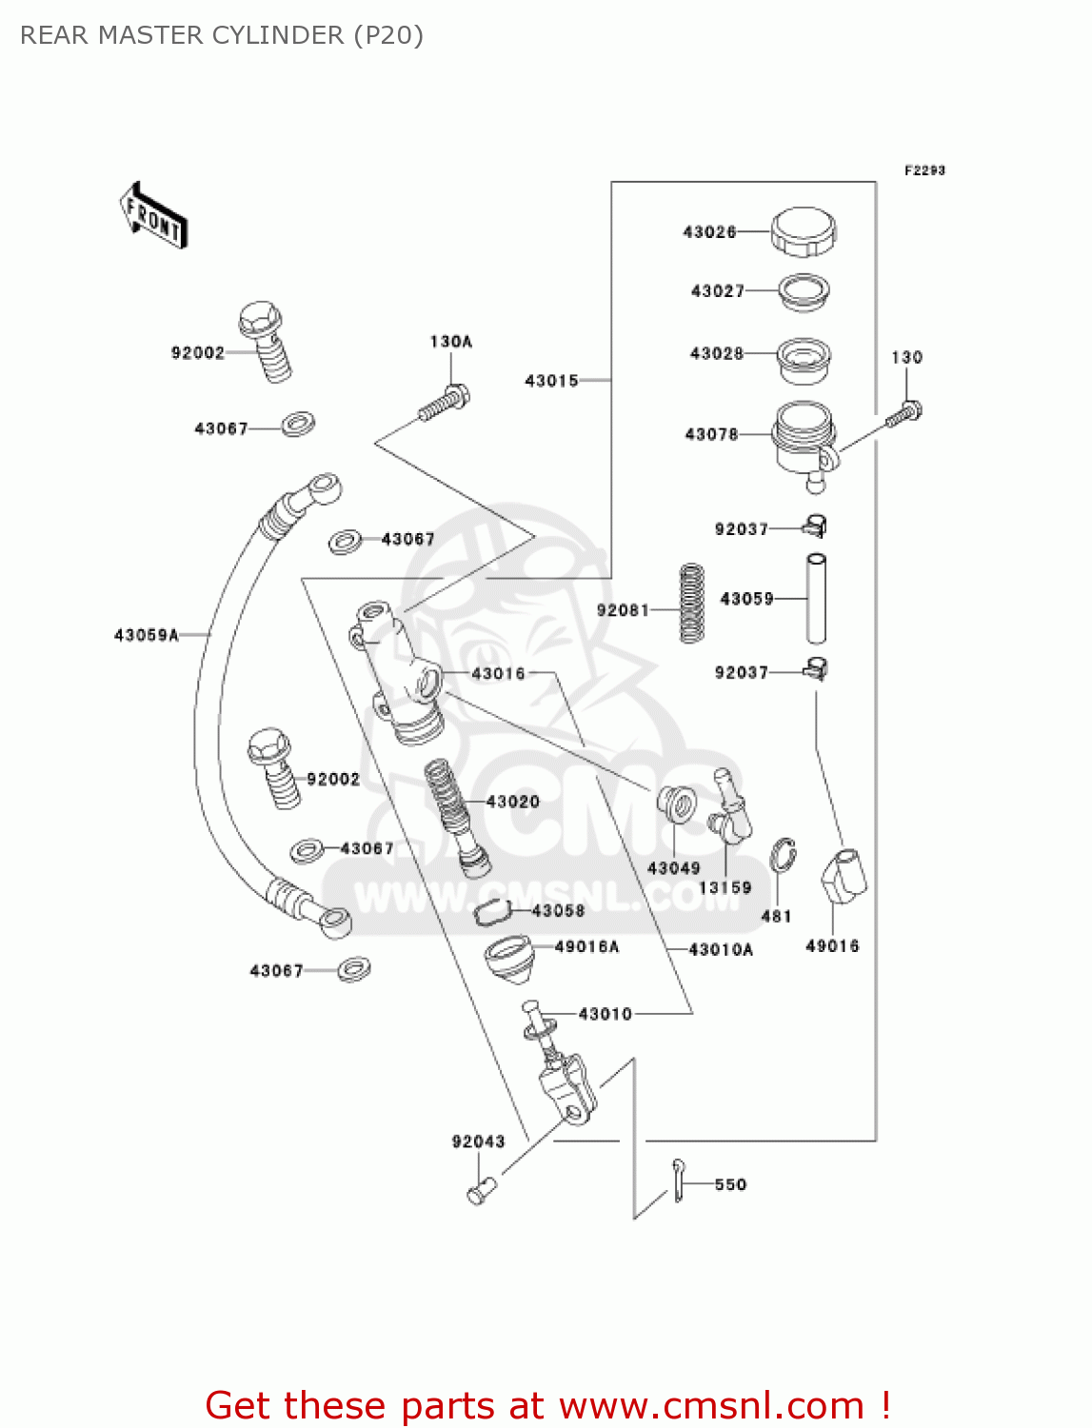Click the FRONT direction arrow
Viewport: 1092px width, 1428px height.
coord(153,216)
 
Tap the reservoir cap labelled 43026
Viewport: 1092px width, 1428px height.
coord(803,231)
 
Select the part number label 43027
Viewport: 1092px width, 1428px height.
coord(718,291)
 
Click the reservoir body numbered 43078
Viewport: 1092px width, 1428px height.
coord(804,438)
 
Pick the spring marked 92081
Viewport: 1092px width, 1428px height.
coord(692,603)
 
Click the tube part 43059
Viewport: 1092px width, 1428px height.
coord(816,599)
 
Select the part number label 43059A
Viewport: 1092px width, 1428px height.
coord(147,635)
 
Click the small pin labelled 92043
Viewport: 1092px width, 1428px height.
coord(482,1190)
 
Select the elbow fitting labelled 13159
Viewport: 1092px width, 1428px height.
coord(731,809)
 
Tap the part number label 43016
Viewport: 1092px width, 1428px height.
coord(498,674)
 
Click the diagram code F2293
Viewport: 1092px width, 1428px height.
coord(924,170)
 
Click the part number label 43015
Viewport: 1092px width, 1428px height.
coord(551,381)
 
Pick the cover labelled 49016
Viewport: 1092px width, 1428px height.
coord(844,876)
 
